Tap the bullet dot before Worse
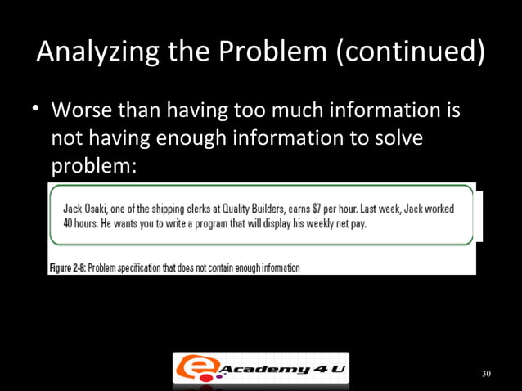(x=37, y=109)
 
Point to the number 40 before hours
(x=70, y=224)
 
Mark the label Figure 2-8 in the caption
(x=67, y=267)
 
